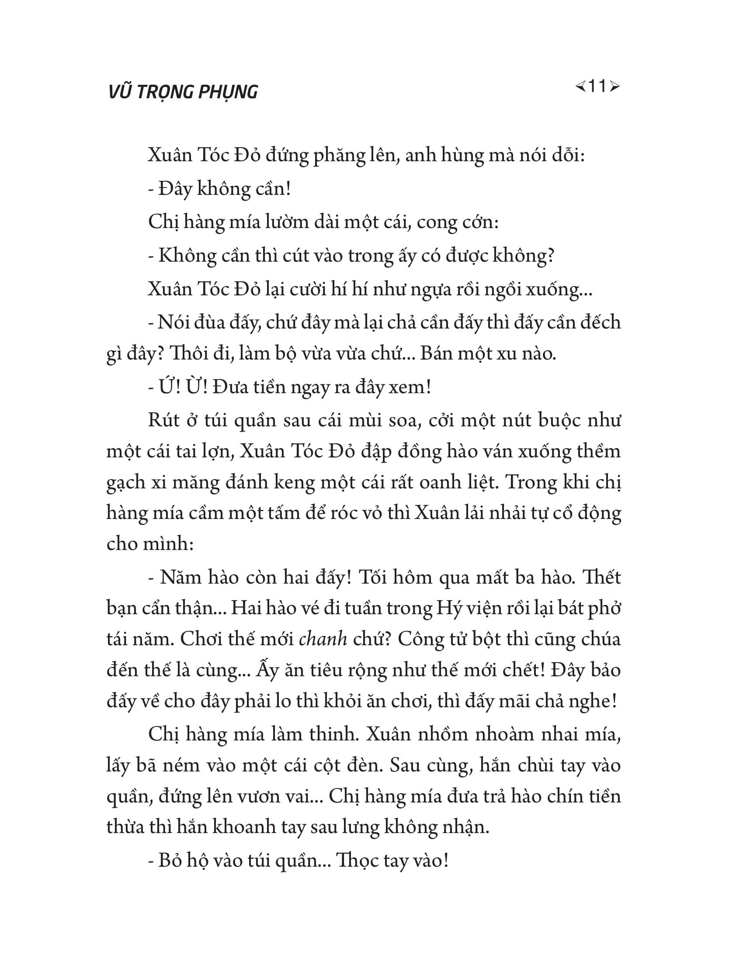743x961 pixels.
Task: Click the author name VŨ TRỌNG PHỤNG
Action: pos(183,92)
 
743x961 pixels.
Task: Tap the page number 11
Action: pos(597,86)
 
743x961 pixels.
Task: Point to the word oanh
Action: pos(441,482)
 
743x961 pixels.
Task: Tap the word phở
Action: pos(606,608)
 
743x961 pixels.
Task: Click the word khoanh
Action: pos(241,827)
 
